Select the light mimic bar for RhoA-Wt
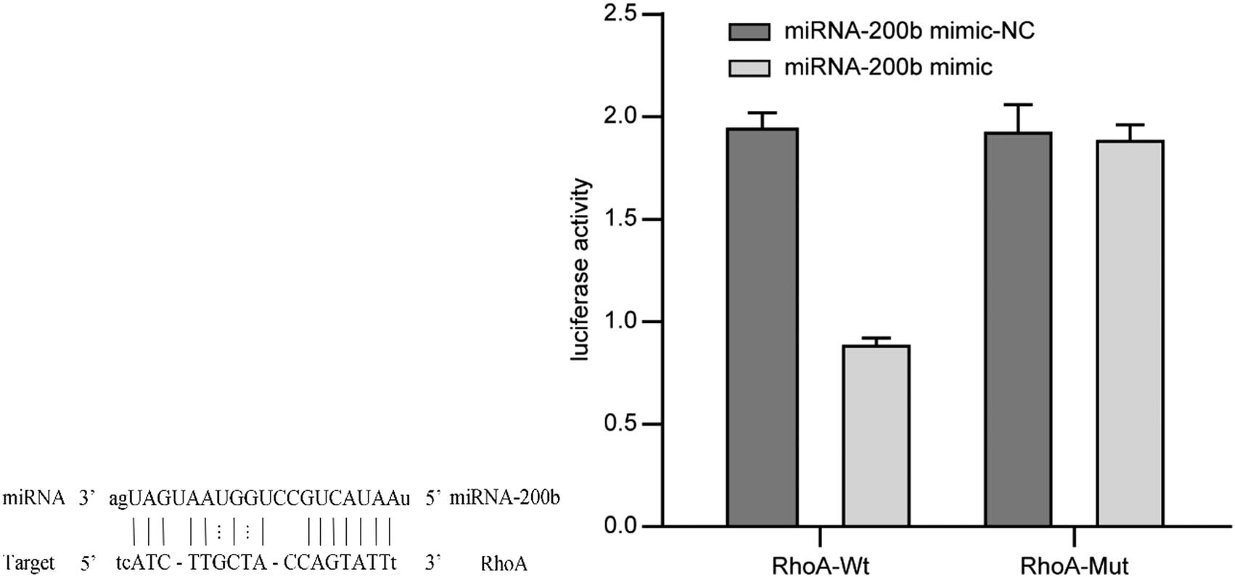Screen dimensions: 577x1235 (x=875, y=435)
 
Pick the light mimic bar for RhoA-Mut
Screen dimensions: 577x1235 (x=1130, y=333)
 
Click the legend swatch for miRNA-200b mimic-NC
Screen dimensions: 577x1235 (x=749, y=32)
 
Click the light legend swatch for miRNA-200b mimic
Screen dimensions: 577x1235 (x=749, y=68)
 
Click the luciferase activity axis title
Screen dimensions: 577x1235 (x=581, y=270)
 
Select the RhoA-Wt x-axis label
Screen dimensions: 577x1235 (x=820, y=565)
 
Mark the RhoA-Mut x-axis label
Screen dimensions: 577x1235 (x=1074, y=565)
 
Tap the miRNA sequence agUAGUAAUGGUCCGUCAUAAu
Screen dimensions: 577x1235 (x=259, y=499)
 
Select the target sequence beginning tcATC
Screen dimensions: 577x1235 (x=256, y=562)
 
